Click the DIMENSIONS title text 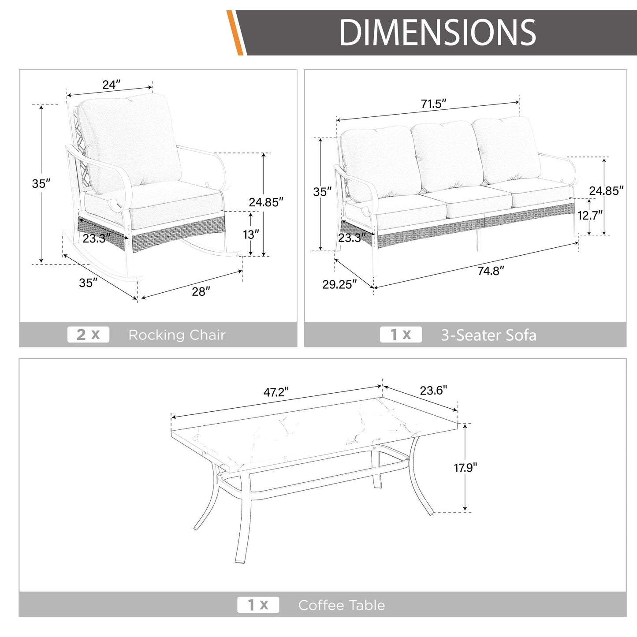(437, 32)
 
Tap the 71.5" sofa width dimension (433, 104)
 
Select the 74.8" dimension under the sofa (491, 271)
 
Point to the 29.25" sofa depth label (339, 284)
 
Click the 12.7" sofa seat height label (590, 216)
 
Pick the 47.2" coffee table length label (276, 392)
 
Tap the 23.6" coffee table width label (433, 391)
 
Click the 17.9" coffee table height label (466, 468)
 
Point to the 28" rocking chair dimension (201, 291)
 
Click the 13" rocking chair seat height (251, 235)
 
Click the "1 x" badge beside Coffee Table (258, 605)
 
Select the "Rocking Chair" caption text (177, 335)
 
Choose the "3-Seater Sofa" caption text (488, 335)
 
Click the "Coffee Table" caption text (342, 605)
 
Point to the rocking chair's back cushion (130, 142)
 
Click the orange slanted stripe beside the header (235, 32)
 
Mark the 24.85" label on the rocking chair (266, 202)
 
